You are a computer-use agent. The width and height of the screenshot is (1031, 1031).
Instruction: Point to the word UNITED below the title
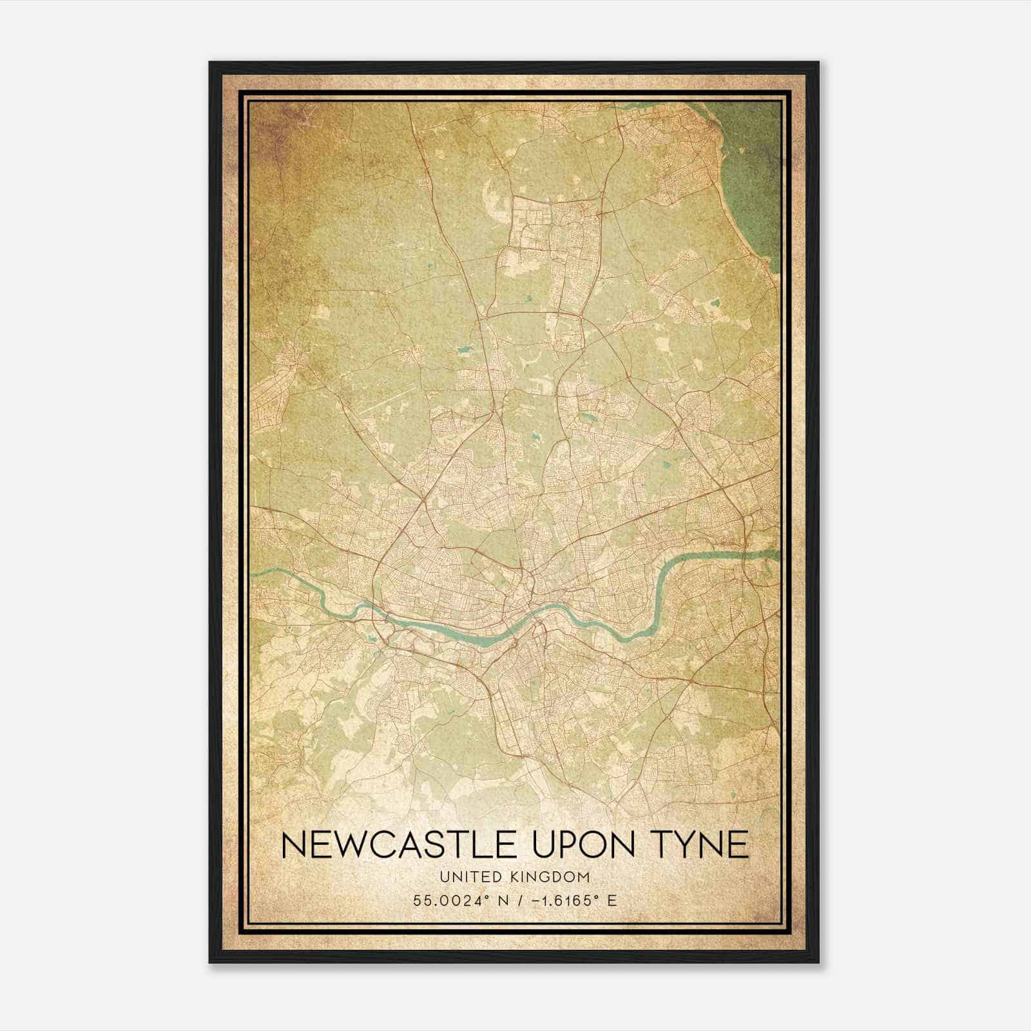[x=465, y=877]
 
